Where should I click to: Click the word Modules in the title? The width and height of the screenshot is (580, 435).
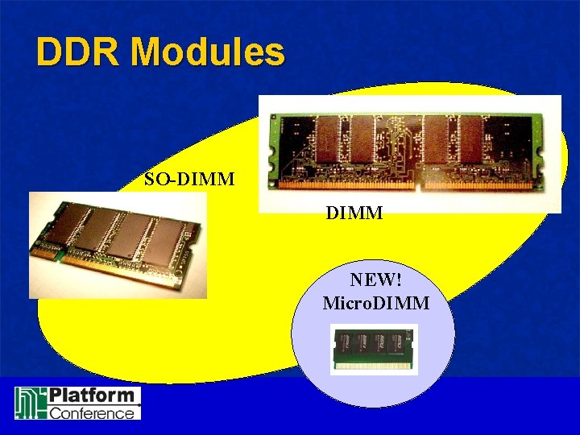click(208, 52)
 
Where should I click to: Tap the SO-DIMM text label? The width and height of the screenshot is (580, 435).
click(189, 179)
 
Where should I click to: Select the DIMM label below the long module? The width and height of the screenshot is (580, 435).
click(354, 213)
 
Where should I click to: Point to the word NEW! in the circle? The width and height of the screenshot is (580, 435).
click(375, 280)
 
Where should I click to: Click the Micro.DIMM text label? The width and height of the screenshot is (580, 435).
click(375, 304)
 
